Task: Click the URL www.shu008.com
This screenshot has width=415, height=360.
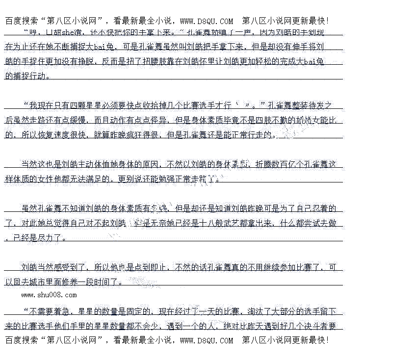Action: click(x=49, y=295)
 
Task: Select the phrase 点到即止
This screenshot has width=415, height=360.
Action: click(x=151, y=267)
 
